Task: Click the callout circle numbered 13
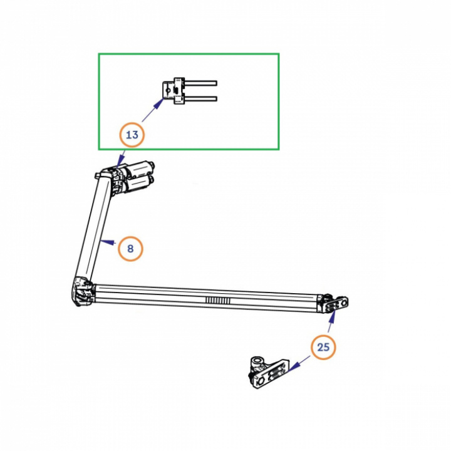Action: click(132, 134)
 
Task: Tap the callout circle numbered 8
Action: click(130, 249)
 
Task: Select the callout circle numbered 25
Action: click(323, 346)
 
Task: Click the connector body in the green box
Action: click(173, 91)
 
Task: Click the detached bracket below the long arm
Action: click(268, 372)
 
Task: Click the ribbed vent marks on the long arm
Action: click(222, 301)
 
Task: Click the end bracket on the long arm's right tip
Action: click(337, 303)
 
